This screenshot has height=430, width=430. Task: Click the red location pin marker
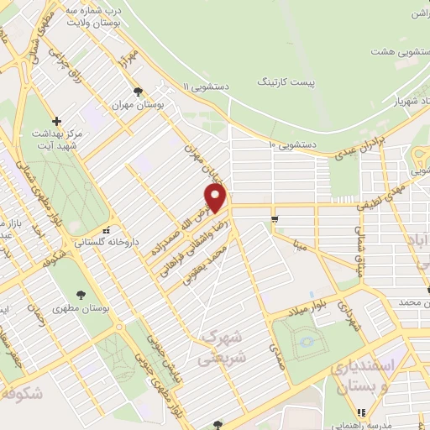[x=217, y=197]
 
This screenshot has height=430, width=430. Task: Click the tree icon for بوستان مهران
[x=138, y=92]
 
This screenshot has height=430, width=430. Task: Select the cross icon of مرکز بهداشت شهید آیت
[x=57, y=121]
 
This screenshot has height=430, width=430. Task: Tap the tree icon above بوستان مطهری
[x=81, y=295]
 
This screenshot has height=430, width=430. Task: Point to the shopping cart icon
[x=274, y=219]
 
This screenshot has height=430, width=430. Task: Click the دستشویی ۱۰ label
[x=292, y=144]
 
